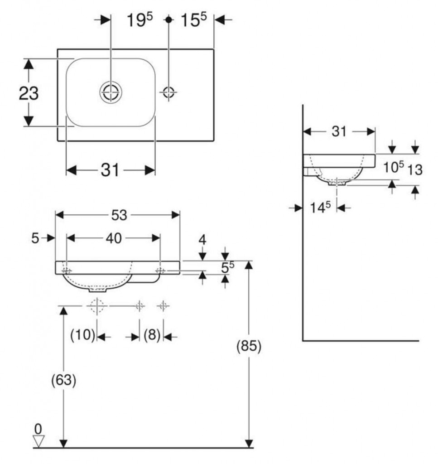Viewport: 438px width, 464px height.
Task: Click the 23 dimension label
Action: pyautogui.click(x=29, y=93)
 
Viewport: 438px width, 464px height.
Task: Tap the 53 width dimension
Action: pyautogui.click(x=119, y=215)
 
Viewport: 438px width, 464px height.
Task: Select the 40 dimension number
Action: pyautogui.click(x=114, y=238)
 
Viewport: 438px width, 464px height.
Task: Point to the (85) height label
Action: pyautogui.click(x=249, y=346)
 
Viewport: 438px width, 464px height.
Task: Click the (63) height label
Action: pyautogui.click(x=64, y=380)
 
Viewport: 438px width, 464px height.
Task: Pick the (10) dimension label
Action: pyautogui.click(x=83, y=335)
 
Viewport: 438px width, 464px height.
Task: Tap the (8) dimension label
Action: pyautogui.click(x=152, y=335)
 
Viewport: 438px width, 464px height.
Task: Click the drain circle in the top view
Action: pyautogui.click(x=111, y=92)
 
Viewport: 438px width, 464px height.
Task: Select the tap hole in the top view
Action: pyautogui.click(x=168, y=92)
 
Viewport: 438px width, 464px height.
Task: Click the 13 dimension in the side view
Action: pyautogui.click(x=415, y=170)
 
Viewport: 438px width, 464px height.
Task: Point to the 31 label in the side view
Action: pyautogui.click(x=339, y=131)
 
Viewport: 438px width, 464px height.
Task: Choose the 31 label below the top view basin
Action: pyautogui.click(x=110, y=170)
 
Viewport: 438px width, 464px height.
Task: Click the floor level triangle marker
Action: pyautogui.click(x=39, y=441)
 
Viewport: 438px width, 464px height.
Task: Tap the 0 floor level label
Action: pyautogui.click(x=38, y=429)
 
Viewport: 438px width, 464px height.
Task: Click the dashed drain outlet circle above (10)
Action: pyautogui.click(x=97, y=306)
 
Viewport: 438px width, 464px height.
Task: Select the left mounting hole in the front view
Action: pyautogui.click(x=67, y=271)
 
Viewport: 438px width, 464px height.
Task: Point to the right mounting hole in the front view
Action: pyautogui.click(x=160, y=271)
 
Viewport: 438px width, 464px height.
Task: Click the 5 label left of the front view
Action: pyautogui.click(x=35, y=238)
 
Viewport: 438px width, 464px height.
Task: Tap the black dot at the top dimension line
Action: pyautogui.click(x=168, y=20)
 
